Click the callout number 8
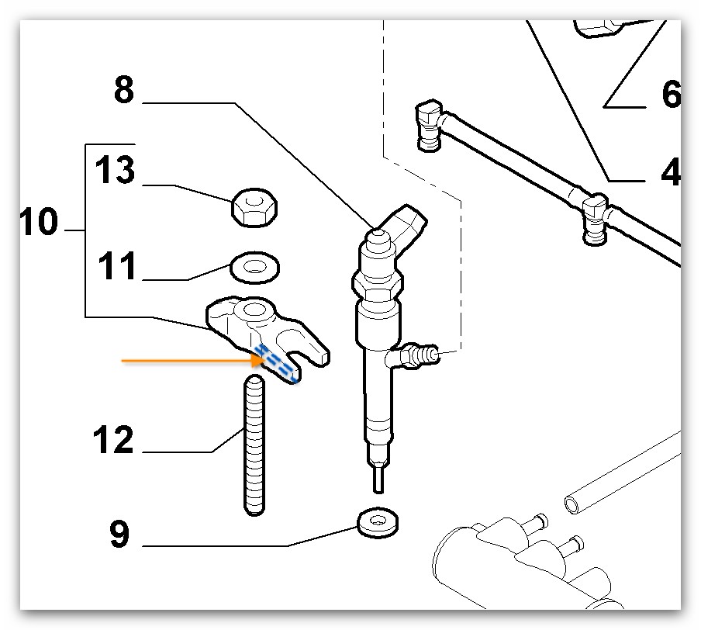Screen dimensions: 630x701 pos(124,90)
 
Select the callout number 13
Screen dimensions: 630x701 pos(116,171)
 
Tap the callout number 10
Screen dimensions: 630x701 pos(39,223)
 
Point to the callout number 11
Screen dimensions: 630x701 pos(116,268)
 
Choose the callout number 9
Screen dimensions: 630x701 pos(118,535)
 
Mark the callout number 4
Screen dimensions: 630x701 pos(670,171)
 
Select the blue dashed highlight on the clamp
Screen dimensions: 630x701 pos(278,363)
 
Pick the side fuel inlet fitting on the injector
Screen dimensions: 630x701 pos(416,355)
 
